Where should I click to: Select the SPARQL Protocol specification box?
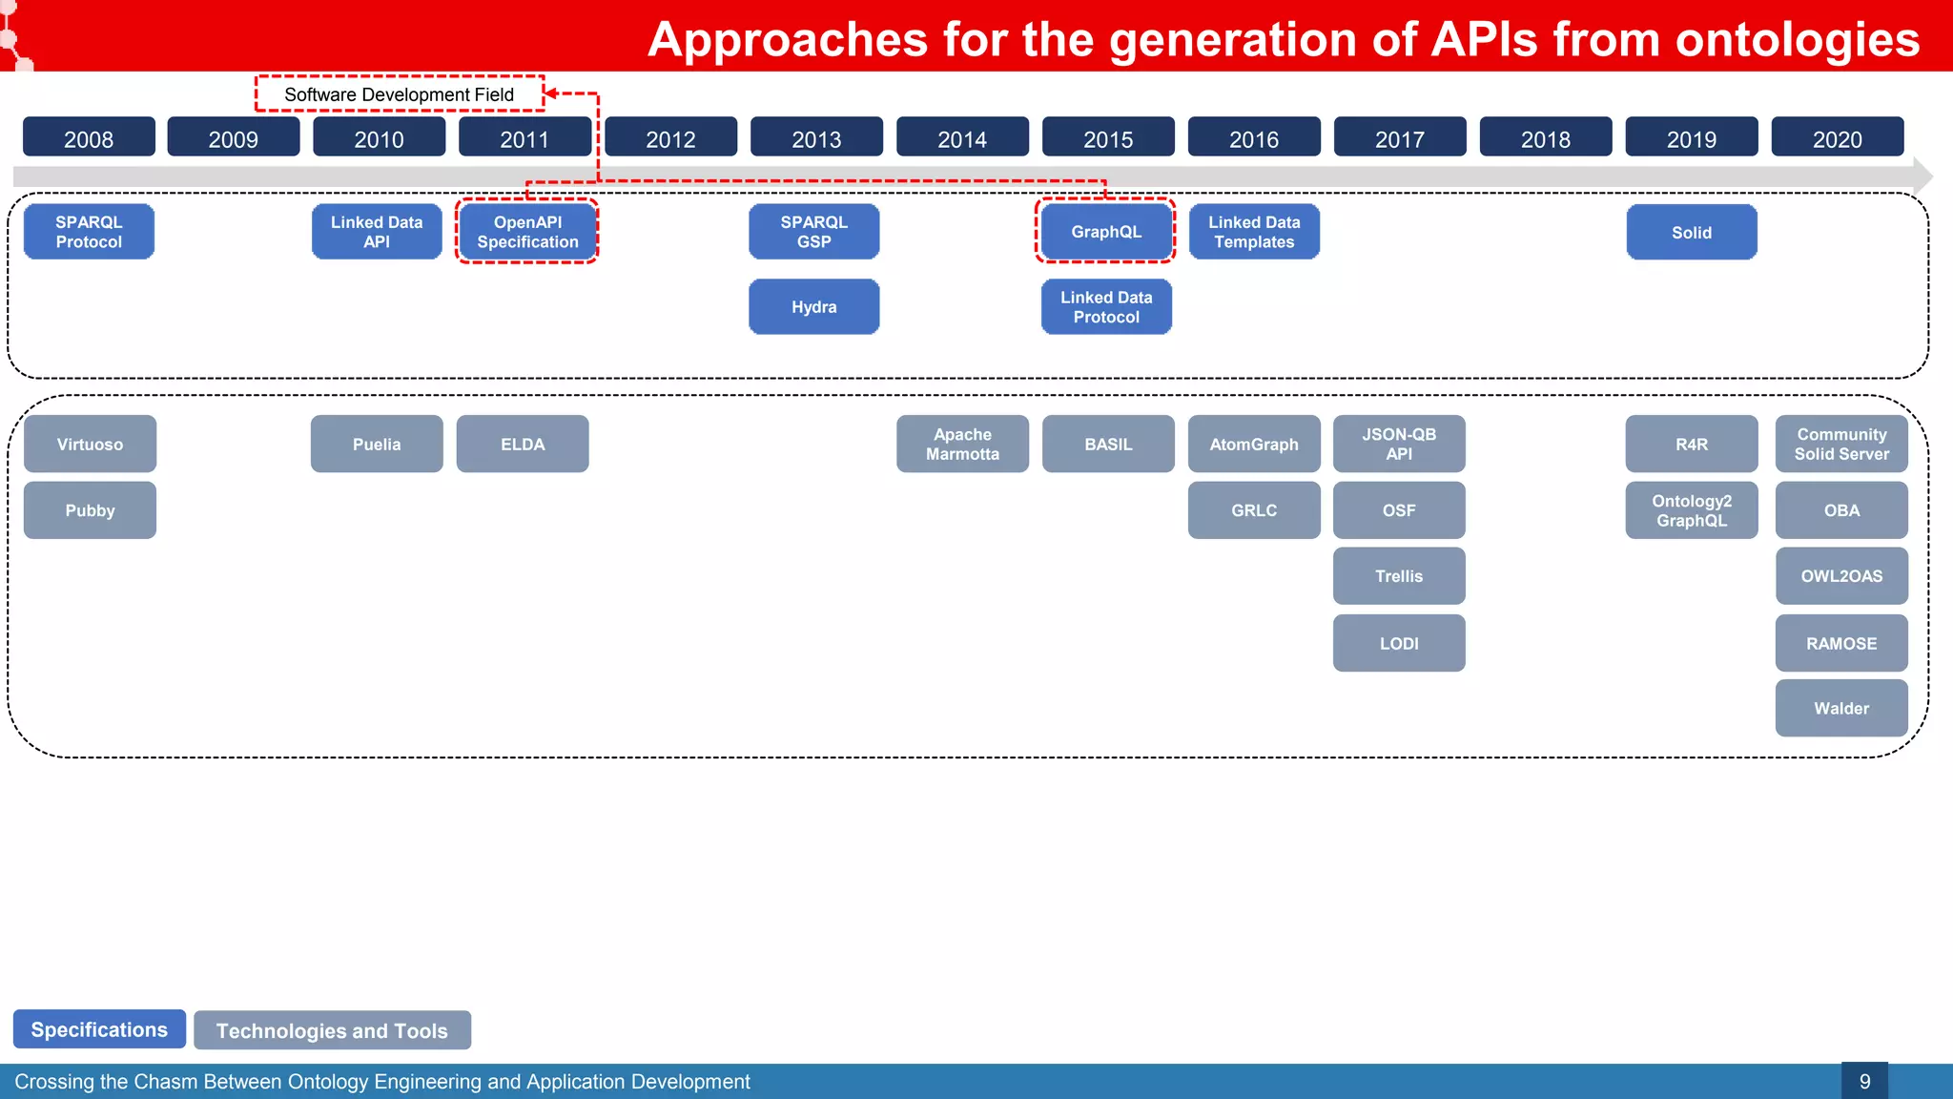[89, 232]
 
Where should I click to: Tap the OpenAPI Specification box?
[527, 232]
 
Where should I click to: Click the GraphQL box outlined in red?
[1106, 232]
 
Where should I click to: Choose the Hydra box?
[813, 307]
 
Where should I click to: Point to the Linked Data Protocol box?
[1106, 307]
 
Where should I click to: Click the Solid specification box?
[1691, 233]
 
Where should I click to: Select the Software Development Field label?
[399, 94]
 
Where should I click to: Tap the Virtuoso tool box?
[90, 445]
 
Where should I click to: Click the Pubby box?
[90, 510]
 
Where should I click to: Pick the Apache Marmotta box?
[962, 445]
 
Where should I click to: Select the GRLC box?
[1253, 510]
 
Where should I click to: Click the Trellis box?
[1398, 576]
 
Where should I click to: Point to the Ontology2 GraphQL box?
[1691, 510]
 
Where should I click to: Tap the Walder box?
[1840, 709]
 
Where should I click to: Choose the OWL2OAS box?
[1840, 576]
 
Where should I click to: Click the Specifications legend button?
[99, 1029]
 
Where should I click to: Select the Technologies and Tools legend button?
[332, 1030]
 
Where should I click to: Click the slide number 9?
[1864, 1082]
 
